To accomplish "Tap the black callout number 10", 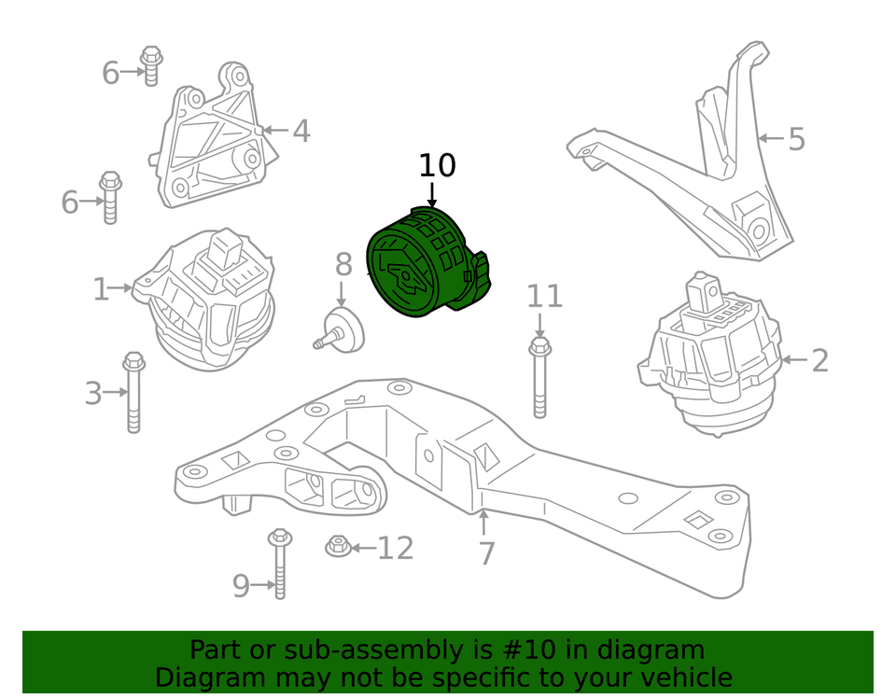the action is click(437, 166).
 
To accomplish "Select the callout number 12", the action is click(395, 548).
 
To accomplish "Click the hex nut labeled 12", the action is click(337, 546).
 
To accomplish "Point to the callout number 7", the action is click(485, 553).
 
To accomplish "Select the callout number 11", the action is click(544, 297).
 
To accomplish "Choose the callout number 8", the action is click(343, 264).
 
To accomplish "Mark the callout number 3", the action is click(93, 393).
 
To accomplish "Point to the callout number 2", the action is click(819, 359).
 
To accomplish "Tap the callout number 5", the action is click(795, 139).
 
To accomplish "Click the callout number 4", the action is click(301, 131).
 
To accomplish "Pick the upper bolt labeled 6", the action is click(151, 64).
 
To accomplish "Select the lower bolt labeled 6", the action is click(110, 197).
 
